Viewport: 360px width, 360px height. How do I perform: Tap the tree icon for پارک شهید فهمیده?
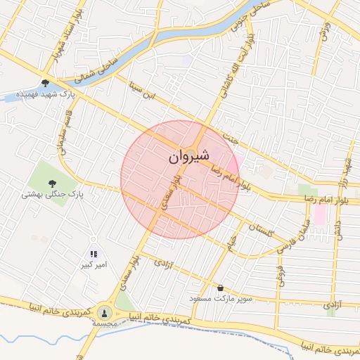pyautogui.click(x=46, y=83)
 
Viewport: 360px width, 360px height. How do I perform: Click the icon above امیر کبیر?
pyautogui.click(x=94, y=254)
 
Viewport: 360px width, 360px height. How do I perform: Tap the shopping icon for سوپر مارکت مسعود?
pyautogui.click(x=221, y=288)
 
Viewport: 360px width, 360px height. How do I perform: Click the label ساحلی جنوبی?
pyautogui.click(x=250, y=16)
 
